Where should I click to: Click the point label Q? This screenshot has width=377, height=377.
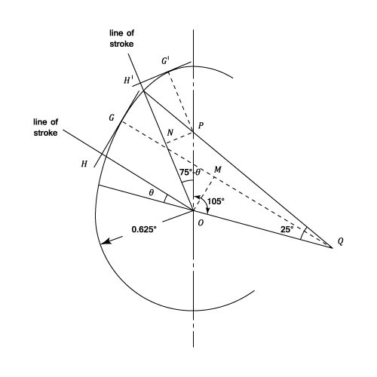[340, 241]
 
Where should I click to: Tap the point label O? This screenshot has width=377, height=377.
[201, 223]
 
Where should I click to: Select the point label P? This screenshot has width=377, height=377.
[201, 126]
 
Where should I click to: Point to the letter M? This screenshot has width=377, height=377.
[217, 170]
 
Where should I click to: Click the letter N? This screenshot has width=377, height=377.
[170, 132]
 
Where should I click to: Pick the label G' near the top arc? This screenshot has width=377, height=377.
[165, 61]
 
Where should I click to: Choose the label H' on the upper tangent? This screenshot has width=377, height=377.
[128, 80]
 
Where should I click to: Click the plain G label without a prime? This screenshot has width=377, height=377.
[112, 118]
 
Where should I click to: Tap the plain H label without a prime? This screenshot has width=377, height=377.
[84, 164]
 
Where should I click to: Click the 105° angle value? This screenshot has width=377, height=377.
[216, 201]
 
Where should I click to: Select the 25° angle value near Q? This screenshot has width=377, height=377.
[287, 229]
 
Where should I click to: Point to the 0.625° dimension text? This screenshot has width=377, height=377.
[144, 229]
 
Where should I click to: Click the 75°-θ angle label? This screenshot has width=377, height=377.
[190, 173]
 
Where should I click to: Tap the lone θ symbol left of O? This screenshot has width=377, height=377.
[151, 193]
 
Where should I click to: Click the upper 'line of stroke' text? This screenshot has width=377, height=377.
[121, 38]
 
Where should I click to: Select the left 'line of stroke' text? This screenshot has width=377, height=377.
[45, 127]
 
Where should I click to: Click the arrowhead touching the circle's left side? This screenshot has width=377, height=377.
[106, 242]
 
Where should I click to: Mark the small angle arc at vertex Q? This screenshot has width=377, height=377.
[302, 234]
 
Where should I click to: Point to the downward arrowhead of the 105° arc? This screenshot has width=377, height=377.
[207, 211]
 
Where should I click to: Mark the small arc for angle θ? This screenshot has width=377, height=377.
[165, 198]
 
